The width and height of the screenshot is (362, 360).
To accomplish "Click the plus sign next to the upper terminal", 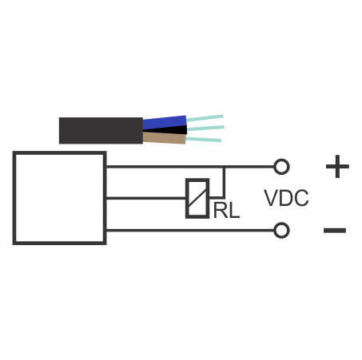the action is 337,167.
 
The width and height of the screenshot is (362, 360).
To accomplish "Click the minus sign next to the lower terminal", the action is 335,231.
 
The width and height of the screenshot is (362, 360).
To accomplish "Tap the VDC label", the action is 286,198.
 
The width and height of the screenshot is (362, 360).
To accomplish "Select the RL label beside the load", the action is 226,211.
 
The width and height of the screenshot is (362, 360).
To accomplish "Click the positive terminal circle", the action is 281,167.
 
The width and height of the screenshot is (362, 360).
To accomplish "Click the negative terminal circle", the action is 281,231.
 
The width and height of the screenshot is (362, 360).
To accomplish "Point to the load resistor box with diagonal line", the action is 197,198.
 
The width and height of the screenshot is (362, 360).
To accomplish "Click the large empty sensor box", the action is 60,198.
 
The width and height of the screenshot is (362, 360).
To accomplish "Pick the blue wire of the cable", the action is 165,123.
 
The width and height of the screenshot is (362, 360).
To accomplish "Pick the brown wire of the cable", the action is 165,138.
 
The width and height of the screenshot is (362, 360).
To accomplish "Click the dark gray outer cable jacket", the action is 101,130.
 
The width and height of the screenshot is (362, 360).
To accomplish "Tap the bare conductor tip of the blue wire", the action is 205,118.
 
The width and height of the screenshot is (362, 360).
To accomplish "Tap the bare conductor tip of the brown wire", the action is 204,140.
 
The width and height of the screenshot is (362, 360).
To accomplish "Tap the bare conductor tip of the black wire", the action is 205,129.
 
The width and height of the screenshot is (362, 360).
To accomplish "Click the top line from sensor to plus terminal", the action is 190,167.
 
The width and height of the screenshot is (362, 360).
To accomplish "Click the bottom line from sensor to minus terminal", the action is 190,231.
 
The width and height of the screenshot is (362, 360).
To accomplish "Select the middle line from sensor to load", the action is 146,198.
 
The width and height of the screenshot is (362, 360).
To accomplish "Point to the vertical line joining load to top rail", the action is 224,183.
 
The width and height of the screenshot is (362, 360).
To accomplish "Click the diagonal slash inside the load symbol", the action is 197,199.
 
